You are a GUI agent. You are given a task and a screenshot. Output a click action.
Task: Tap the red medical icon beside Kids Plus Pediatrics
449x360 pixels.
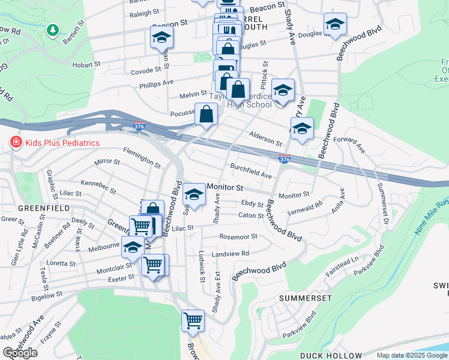[16, 143]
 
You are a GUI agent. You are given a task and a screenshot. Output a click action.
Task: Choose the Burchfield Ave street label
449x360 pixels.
[251, 171]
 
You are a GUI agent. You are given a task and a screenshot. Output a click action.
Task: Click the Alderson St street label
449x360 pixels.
[266, 139]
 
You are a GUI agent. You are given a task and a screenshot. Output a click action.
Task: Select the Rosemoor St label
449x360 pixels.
[238, 236]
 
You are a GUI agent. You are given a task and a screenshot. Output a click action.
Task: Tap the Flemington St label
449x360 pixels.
[142, 158]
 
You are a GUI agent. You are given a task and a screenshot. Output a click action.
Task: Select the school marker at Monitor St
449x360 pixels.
[194, 194]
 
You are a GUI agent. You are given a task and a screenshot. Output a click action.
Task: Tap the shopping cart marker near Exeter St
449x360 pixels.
[154, 265]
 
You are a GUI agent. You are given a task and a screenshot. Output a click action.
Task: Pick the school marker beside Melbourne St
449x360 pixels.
[133, 247]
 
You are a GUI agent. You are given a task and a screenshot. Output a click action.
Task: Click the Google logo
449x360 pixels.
[20, 353]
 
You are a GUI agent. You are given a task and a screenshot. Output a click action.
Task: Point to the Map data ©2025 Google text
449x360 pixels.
[412, 355]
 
